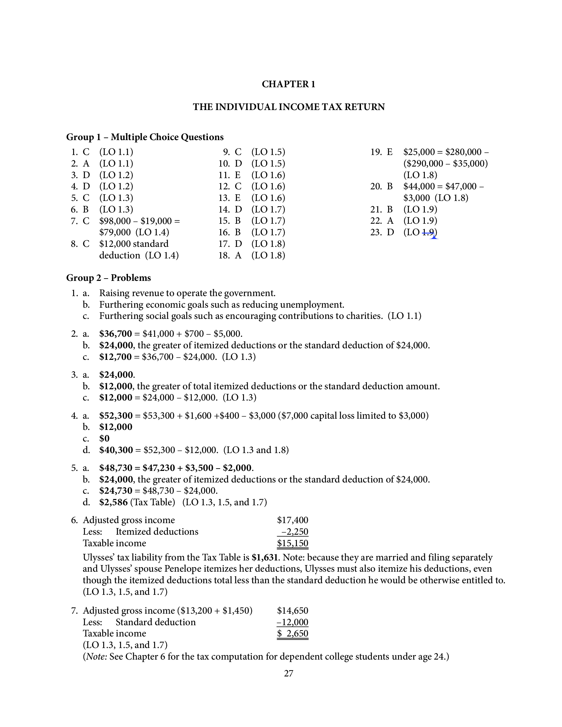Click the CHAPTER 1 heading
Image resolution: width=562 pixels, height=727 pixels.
pos(288,84)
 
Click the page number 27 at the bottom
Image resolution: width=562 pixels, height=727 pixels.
pos(288,673)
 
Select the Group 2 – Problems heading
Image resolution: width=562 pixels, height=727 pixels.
pos(108,278)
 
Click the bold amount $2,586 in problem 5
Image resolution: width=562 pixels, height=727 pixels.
pos(113,502)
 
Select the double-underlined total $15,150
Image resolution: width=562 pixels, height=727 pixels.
pos(293,543)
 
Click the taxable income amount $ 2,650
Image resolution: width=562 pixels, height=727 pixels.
pos(293,633)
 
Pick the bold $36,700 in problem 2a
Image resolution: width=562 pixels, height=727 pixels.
pos(115,333)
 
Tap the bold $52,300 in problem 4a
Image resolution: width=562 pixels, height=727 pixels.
pos(115,415)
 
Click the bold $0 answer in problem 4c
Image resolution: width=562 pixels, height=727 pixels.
pos(104,439)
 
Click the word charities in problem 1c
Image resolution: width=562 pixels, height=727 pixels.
pos(364,316)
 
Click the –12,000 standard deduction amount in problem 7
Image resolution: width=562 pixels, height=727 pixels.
pos(293,622)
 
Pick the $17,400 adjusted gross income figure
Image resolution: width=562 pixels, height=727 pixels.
pos(293,520)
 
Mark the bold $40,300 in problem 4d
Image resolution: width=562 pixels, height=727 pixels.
pos(115,450)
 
